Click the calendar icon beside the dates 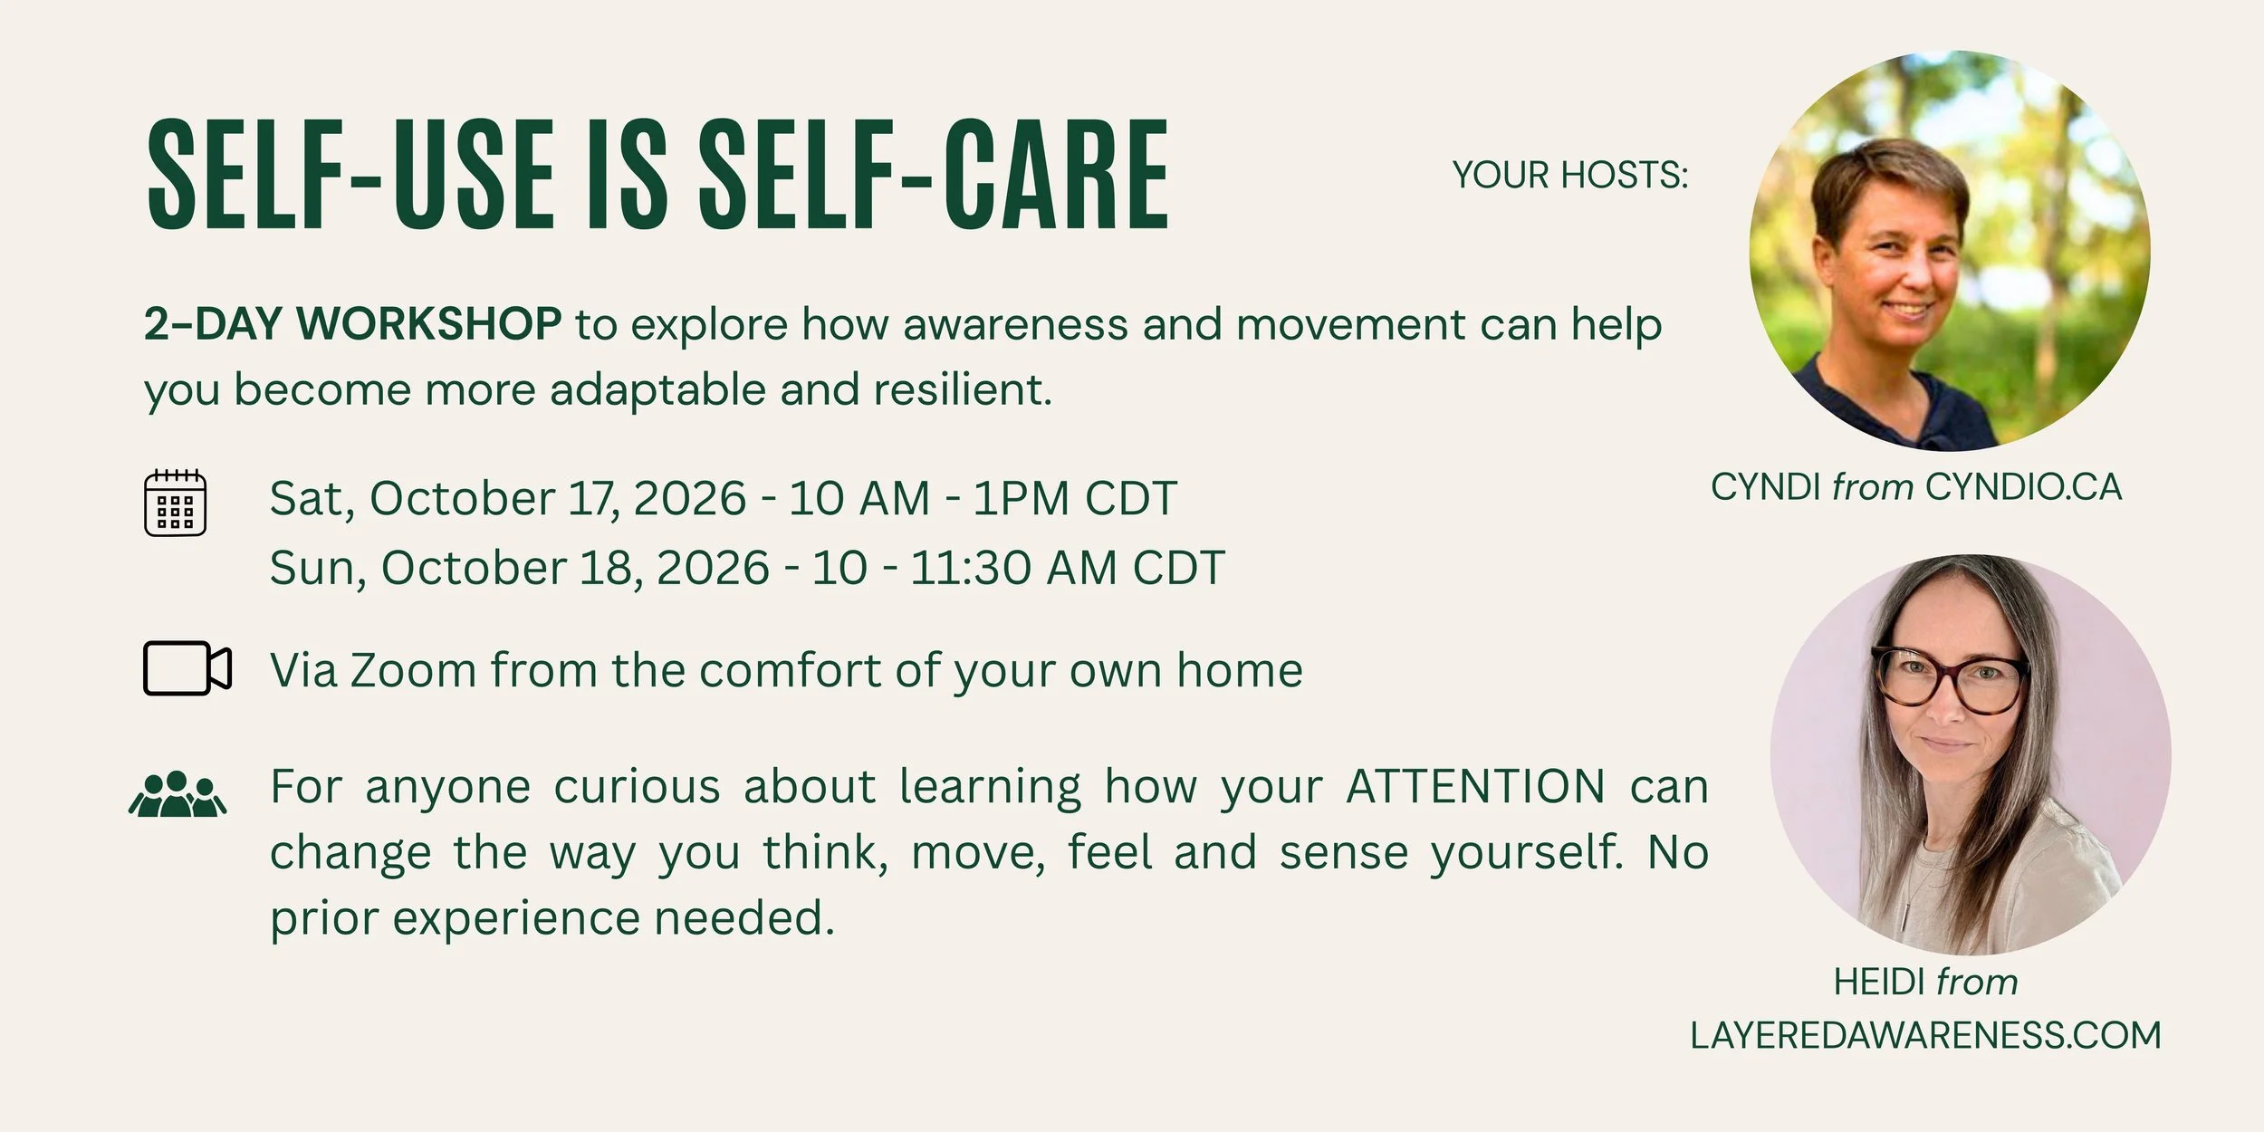[176, 503]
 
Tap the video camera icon [187, 668]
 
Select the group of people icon [177, 794]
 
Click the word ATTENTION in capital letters [1476, 786]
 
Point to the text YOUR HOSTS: [1570, 175]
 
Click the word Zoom [414, 670]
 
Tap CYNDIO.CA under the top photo [2023, 487]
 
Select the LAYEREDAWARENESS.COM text [1925, 1035]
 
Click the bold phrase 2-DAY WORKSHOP [352, 324]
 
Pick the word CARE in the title [1057, 174]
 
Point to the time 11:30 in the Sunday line [970, 568]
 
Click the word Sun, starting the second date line [318, 569]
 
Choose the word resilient [963, 389]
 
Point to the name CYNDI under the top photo [1766, 487]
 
